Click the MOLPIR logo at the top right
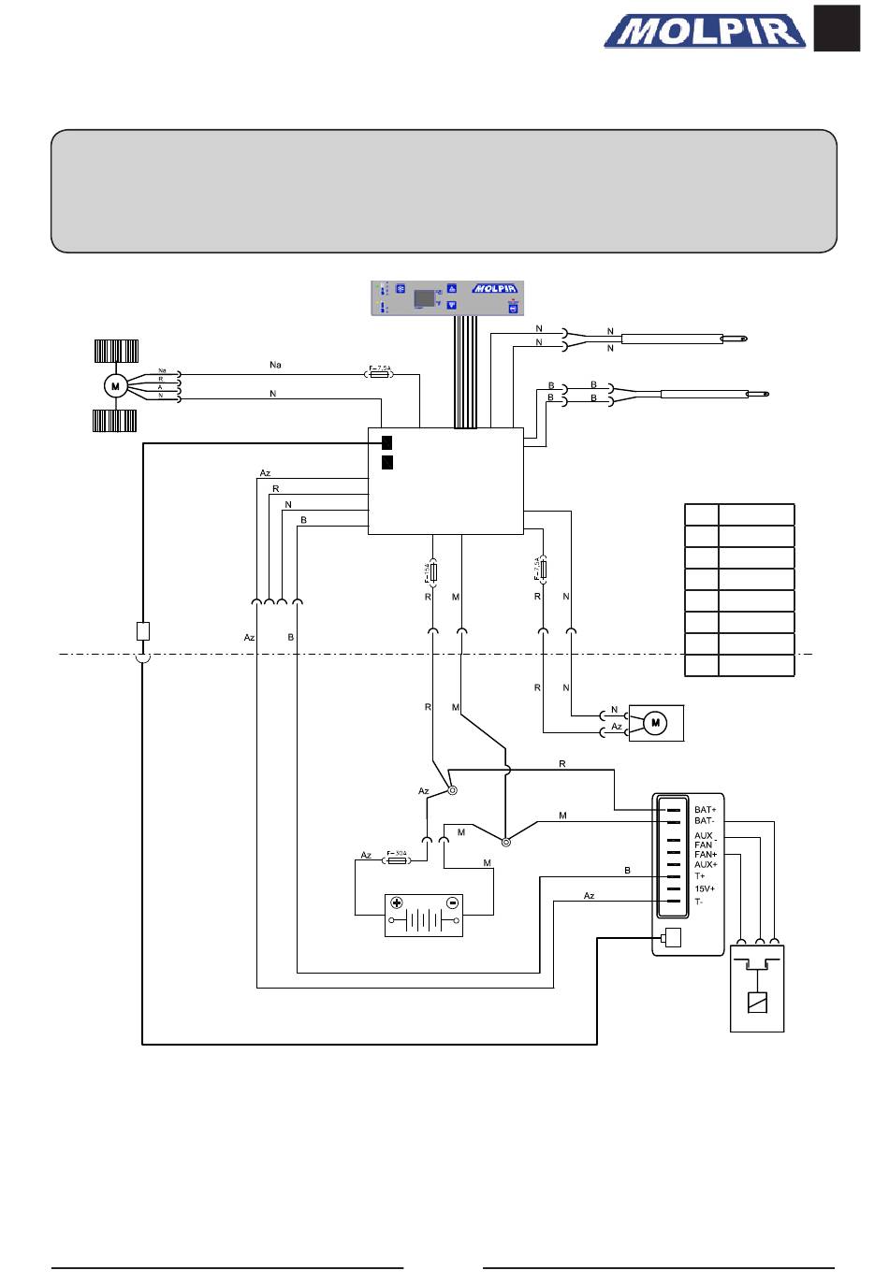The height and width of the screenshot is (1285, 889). [705, 33]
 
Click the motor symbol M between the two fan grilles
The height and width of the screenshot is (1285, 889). [115, 385]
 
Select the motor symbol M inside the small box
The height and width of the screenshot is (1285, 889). [656, 722]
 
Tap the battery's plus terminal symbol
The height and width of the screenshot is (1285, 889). [397, 902]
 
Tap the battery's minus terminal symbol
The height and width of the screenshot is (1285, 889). [452, 902]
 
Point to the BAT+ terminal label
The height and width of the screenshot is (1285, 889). [705, 810]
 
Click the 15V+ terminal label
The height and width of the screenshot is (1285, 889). [705, 888]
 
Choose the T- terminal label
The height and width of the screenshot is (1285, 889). [699, 902]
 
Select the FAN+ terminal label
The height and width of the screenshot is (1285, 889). [706, 855]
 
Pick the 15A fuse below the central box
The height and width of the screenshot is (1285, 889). [432, 570]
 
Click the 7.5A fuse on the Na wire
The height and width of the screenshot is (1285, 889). [380, 373]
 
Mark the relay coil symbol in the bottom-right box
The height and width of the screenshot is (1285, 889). [756, 1003]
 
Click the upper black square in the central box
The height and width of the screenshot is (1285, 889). [386, 442]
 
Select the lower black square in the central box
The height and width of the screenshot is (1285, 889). [386, 462]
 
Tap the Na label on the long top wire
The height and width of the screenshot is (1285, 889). [275, 365]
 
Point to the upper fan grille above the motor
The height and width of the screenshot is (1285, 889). [116, 352]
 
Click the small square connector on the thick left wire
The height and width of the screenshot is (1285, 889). [143, 630]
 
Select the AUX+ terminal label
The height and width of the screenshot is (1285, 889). [706, 864]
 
